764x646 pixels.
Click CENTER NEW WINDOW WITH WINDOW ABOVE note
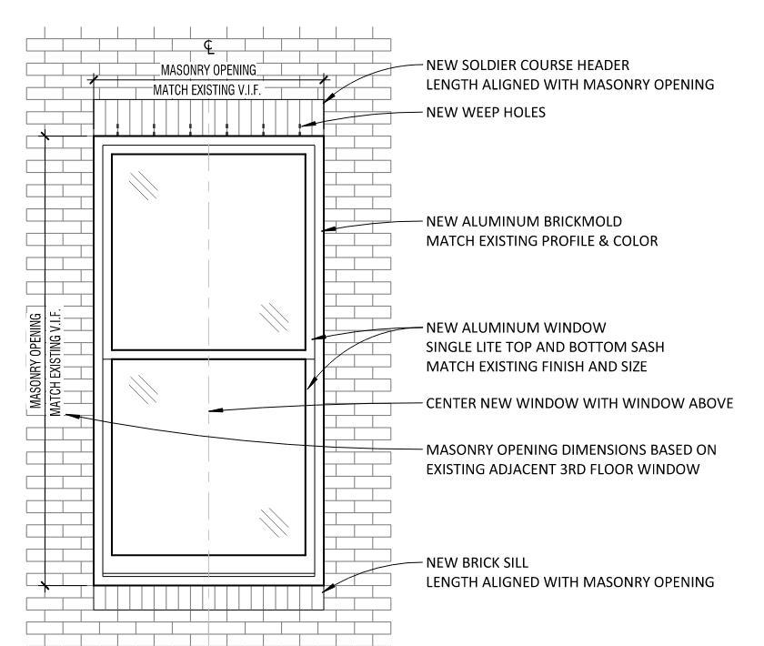(x=579, y=403)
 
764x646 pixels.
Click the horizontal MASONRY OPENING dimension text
(x=209, y=70)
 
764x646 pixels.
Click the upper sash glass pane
(x=208, y=251)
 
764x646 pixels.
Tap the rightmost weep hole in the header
(x=299, y=126)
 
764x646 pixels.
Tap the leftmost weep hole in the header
(x=117, y=126)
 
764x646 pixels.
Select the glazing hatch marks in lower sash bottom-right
(x=274, y=521)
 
